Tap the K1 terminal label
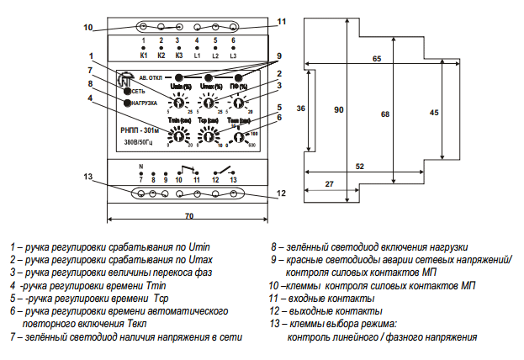(x=143, y=56)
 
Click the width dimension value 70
(x=189, y=216)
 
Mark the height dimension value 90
(x=339, y=109)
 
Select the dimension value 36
(x=301, y=109)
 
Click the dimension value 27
(x=329, y=182)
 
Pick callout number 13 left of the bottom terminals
(x=88, y=176)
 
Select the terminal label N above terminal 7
(x=140, y=167)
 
